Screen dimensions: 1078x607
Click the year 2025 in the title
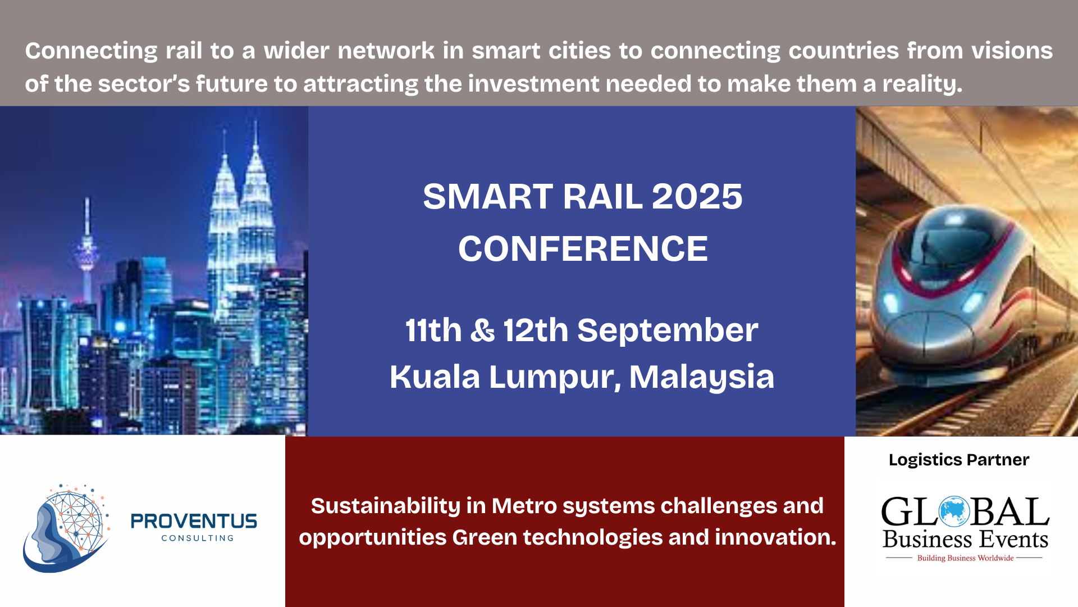(x=697, y=197)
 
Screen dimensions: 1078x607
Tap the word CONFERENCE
(x=583, y=248)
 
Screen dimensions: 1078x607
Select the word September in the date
(x=668, y=330)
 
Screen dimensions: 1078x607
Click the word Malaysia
(x=701, y=377)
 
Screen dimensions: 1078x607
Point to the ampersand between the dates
(x=482, y=330)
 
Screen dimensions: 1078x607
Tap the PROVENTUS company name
(x=194, y=522)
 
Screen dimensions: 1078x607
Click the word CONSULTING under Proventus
(x=198, y=538)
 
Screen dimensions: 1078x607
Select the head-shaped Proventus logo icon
(x=66, y=528)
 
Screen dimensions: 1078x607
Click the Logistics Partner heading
(x=959, y=460)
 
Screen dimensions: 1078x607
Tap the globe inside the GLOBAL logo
(x=954, y=511)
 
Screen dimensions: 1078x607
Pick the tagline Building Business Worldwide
(x=965, y=558)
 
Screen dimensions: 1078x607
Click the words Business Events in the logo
(x=965, y=540)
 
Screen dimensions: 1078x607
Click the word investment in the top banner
(x=533, y=84)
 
